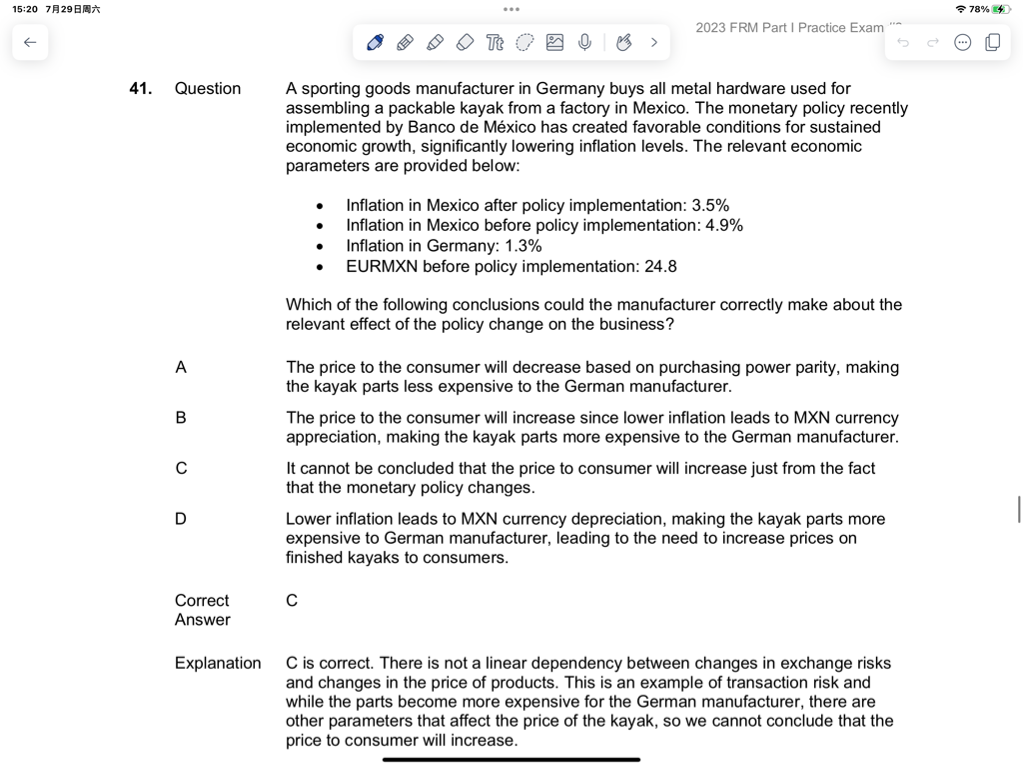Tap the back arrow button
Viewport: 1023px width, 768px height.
point(30,43)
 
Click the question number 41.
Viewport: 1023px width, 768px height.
point(141,89)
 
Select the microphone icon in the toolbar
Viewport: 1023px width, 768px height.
point(584,42)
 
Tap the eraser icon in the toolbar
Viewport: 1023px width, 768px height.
point(465,42)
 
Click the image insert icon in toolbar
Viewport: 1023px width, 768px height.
point(554,42)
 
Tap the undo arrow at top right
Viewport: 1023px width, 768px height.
point(903,43)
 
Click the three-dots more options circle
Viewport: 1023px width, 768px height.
point(962,43)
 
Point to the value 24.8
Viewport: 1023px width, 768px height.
point(660,267)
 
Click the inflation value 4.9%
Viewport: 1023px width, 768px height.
point(724,226)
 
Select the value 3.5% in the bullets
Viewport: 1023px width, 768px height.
point(710,206)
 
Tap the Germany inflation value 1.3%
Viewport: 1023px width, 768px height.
point(523,246)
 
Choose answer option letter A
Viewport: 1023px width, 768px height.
point(181,368)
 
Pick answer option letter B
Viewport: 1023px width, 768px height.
point(181,418)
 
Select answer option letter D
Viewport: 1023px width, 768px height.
point(181,519)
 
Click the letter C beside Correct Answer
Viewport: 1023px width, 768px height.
point(292,601)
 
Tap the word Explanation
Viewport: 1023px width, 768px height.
point(218,663)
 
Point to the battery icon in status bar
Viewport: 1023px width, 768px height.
point(998,9)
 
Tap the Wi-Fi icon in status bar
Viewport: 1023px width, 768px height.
point(961,9)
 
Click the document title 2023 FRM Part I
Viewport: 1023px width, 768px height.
point(788,28)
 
